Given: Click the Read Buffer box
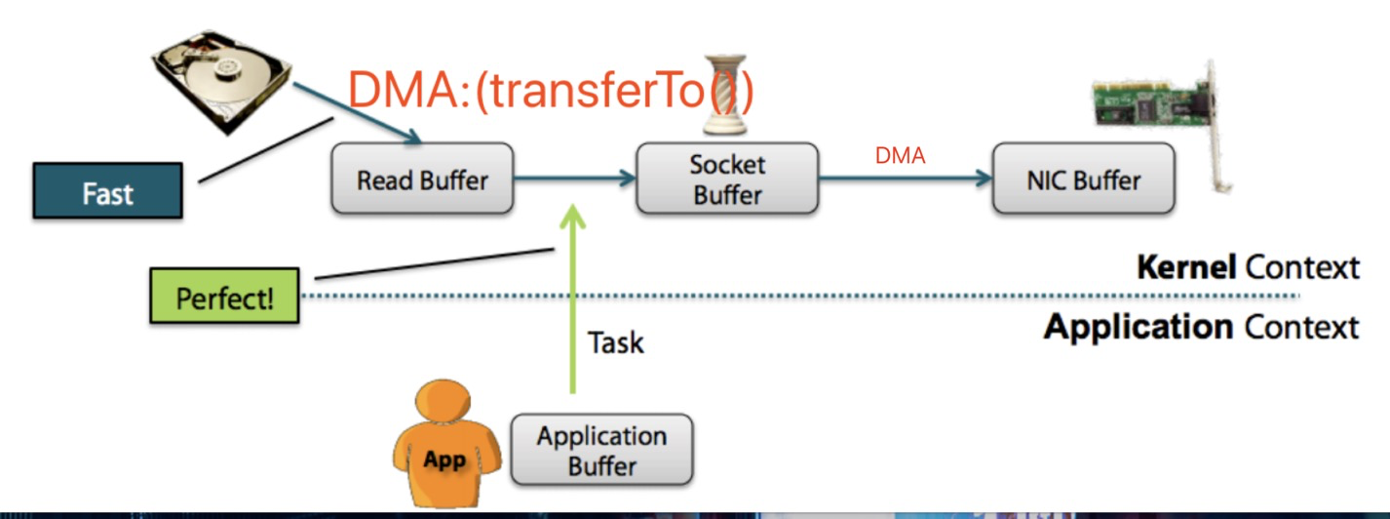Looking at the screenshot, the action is tap(423, 179).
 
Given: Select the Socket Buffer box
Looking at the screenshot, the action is tap(727, 179).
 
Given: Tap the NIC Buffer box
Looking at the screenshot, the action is tap(1084, 179).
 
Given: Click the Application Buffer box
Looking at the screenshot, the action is tap(602, 450).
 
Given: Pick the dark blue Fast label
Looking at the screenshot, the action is tap(108, 190).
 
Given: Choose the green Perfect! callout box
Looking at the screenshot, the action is tap(224, 296).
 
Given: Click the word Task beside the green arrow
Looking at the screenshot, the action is tap(616, 342).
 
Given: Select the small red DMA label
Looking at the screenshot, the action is tap(900, 155).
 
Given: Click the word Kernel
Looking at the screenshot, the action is tap(1186, 267).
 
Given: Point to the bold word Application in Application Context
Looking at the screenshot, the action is tap(1139, 327).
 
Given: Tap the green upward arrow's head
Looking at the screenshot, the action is tap(572, 218).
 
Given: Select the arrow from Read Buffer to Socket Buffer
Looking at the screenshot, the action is tap(574, 179).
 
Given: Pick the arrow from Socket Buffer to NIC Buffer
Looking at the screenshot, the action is tap(906, 179).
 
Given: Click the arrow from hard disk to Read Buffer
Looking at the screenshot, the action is tap(357, 113).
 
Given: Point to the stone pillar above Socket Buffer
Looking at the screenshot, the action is tap(725, 95).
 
